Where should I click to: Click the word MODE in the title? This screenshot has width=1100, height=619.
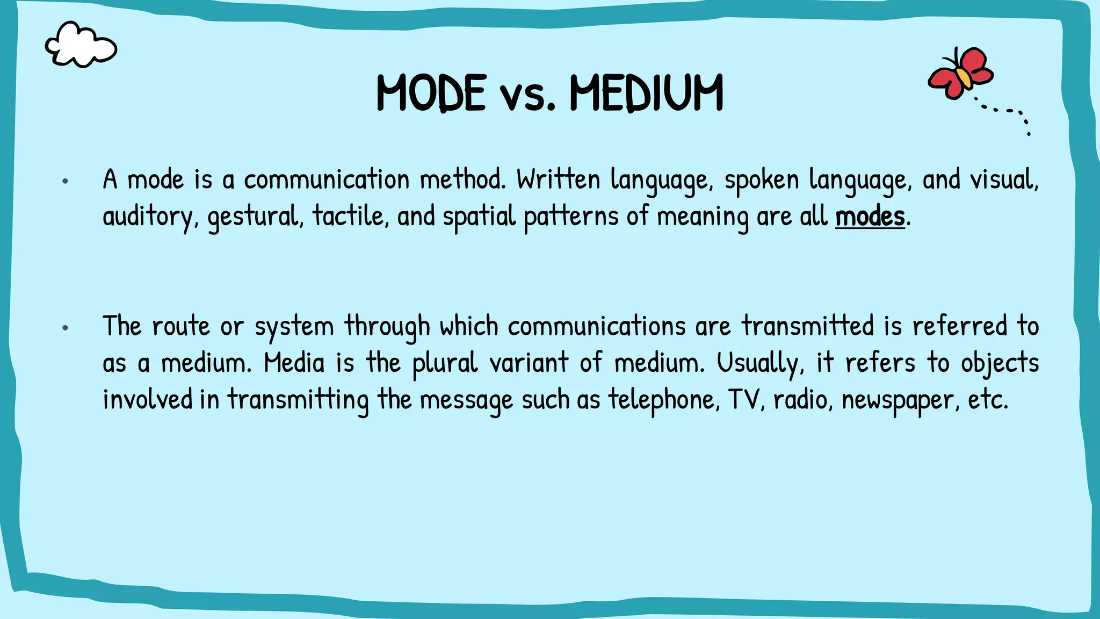tap(431, 93)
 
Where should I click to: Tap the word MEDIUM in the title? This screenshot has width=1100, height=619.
tap(646, 93)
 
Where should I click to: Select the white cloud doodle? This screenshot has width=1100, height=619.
tap(81, 45)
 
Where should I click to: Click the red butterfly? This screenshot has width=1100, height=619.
tap(961, 73)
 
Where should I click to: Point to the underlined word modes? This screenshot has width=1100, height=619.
tap(870, 217)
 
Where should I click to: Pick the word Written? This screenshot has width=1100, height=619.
tap(558, 179)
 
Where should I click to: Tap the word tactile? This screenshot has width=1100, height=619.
tap(349, 216)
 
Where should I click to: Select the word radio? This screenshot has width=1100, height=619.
tap(802, 399)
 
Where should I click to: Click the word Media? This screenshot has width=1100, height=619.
tap(294, 363)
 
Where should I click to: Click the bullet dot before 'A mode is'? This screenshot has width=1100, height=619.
tap(65, 181)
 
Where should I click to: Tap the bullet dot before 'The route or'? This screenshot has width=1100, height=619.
tap(65, 327)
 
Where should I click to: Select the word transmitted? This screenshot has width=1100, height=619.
tap(808, 326)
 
